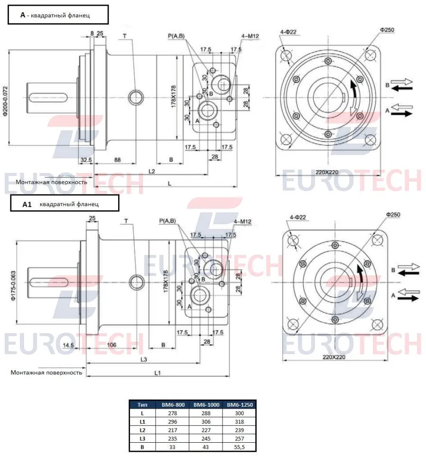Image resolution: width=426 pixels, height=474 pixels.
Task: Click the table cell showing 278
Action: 173,413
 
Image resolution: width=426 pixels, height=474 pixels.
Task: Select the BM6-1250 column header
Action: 240,405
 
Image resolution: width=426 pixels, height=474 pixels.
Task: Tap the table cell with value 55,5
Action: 239,447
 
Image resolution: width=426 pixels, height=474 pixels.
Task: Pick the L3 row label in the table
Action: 142,438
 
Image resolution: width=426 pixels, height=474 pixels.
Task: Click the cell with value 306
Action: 206,422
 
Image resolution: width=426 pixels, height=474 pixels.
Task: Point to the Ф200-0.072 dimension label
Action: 5,101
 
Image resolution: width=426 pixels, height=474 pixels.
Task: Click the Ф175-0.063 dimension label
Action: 13,286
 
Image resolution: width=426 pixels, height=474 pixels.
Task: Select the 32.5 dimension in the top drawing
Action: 86,160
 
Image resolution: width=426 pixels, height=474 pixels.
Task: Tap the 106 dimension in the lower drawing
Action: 111,345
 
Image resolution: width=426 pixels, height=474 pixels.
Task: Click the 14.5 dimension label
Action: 68,345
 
